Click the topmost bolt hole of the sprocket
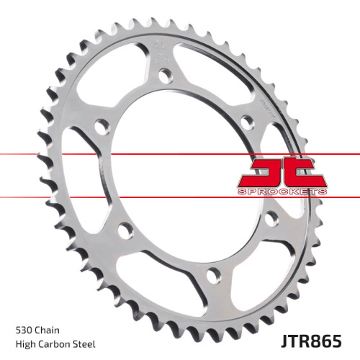(x=165, y=74)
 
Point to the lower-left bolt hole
(x=125, y=231)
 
